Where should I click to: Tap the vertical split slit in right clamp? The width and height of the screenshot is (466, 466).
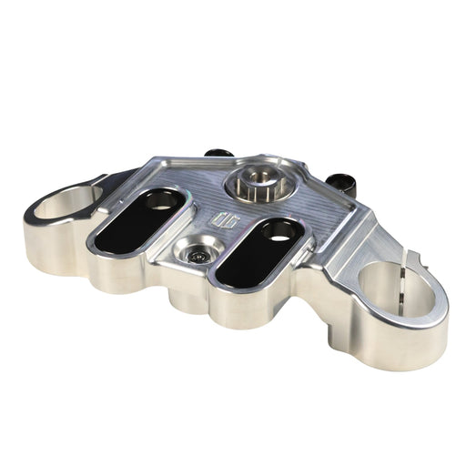(x=397, y=273)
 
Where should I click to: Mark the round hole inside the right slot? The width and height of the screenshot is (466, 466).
(x=278, y=231)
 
